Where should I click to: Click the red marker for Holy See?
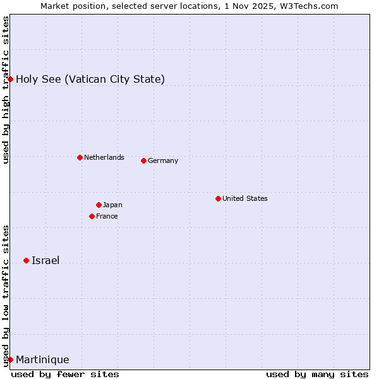coord(11,79)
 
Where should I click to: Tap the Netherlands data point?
coord(80,157)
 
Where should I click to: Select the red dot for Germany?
coord(143,160)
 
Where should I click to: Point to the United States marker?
coord(218,198)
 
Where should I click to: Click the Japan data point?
coord(99,205)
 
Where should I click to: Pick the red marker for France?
coord(92,216)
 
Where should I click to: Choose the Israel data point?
coord(26,260)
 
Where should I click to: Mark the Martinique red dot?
coord(11,359)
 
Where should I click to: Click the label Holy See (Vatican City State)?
coord(90,79)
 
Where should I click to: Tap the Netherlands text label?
coord(104,157)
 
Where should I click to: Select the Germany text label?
coord(163,160)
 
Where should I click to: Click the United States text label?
coord(245,198)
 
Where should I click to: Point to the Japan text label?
coord(112,205)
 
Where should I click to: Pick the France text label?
coord(107,216)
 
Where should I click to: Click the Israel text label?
coord(45,260)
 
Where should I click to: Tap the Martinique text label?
coord(42,359)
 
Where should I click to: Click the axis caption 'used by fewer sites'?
coord(65,374)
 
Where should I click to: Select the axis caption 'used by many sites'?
coord(317,374)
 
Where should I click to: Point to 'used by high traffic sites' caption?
coord(6,90)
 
